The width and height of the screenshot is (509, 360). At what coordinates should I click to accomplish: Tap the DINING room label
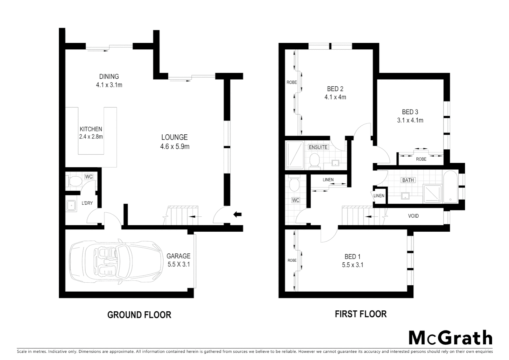pos(109,77)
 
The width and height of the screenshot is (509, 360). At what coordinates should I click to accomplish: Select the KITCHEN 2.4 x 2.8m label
pos(91,133)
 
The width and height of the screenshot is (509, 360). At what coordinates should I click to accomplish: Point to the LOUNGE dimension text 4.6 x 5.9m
pos(175,146)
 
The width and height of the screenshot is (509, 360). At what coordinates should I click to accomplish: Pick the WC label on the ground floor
pos(89,177)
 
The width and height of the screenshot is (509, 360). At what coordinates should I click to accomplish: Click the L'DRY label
pos(87,203)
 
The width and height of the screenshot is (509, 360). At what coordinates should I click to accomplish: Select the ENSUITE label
pos(318,147)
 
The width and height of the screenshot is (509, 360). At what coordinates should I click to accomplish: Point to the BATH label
pos(408,180)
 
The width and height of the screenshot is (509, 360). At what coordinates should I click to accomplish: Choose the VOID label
pos(413,216)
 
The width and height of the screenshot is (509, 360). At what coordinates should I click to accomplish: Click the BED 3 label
pos(410,112)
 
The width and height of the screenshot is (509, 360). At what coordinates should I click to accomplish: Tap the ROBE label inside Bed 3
pos(421,159)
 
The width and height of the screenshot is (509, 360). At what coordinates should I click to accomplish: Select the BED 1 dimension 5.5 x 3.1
pos(352,265)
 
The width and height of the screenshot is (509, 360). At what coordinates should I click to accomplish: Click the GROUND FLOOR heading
pos(139,315)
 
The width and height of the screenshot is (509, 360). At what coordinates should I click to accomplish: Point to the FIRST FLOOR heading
pos(361,314)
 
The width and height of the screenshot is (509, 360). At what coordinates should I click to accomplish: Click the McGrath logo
pos(450,338)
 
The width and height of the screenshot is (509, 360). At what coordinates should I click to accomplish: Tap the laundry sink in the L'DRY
pos(71,205)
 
